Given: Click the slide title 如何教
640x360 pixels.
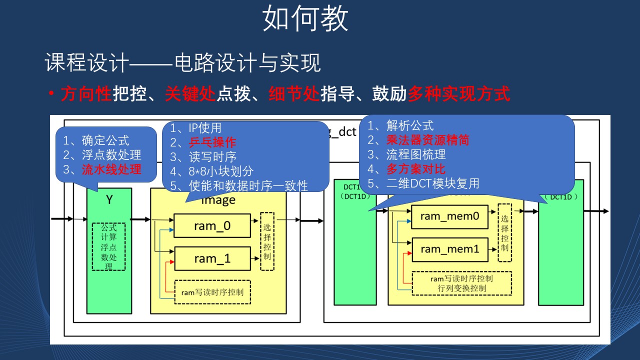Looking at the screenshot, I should coord(305,19).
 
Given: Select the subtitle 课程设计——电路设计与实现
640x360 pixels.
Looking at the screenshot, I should coord(182,63).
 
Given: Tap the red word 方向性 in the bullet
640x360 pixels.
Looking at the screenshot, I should coord(86,93).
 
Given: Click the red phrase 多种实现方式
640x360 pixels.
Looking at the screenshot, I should coord(459,93).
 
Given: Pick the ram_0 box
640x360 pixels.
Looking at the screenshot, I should coord(212,226).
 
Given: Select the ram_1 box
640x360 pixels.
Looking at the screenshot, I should coord(212,258).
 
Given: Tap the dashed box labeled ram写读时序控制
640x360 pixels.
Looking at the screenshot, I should coord(212,291).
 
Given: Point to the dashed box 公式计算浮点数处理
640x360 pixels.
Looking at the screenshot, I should coord(108,246).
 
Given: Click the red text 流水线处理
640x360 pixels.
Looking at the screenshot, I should coord(111,169).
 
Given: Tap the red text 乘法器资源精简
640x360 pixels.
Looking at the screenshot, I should coord(427,140).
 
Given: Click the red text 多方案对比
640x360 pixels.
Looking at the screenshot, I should coord(415,169).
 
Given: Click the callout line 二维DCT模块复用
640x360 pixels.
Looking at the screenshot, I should coord(432,183).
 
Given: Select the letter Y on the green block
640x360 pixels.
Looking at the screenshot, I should coord(109,200).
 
